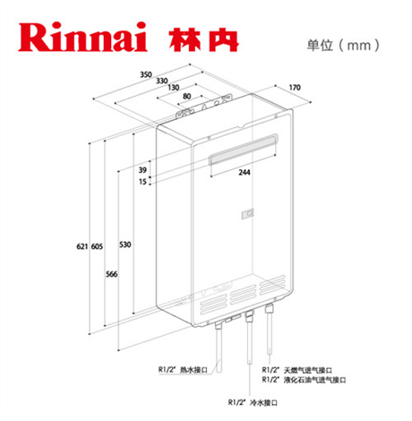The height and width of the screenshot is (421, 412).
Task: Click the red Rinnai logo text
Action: tap(82, 37)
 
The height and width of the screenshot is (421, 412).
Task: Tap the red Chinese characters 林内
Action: tap(203, 39)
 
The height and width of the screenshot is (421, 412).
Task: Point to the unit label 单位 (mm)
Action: tap(343, 46)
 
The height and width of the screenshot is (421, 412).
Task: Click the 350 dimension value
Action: tap(146, 74)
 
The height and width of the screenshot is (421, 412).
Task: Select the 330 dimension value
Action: tap(162, 81)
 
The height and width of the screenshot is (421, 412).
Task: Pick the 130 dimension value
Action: tap(174, 88)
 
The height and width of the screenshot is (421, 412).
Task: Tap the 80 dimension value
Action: tap(187, 96)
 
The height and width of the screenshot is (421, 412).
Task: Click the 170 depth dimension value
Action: tap(295, 88)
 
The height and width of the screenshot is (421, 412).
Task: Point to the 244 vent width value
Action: tap(245, 172)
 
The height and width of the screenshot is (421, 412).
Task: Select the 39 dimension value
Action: tap(142, 170)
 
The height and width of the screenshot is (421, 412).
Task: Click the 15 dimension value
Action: tap(142, 182)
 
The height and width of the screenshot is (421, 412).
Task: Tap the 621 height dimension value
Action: tap(82, 246)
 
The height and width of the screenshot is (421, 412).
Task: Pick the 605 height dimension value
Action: tap(97, 246)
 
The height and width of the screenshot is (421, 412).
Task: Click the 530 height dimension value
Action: tap(125, 245)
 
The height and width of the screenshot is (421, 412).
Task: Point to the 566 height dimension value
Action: tap(112, 274)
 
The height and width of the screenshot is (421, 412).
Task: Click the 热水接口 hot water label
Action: tap(193, 370)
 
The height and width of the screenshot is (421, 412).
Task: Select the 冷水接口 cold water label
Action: tap(263, 402)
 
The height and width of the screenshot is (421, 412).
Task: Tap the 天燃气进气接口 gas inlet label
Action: tap(308, 370)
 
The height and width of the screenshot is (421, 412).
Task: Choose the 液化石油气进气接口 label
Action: tap(315, 380)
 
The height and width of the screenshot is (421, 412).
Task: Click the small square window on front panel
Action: tap(248, 214)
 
